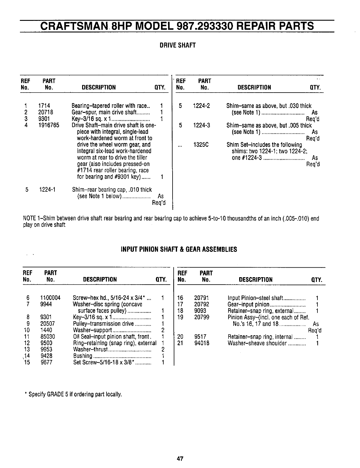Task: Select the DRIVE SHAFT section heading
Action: pyautogui.click(x=178, y=46)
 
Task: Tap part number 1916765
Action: pyautogui.click(x=49, y=125)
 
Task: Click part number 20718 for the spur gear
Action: pyautogui.click(x=46, y=113)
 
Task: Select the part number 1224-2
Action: pyautogui.click(x=201, y=106)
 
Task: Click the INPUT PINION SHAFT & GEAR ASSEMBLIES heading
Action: pyautogui.click(x=179, y=249)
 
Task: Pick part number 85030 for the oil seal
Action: pyautogui.click(x=48, y=337)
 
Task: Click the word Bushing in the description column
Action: pyautogui.click(x=82, y=356)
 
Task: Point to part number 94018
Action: pyautogui.click(x=202, y=343)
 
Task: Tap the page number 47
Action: pyautogui.click(x=179, y=459)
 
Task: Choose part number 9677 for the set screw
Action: pyautogui.click(x=46, y=363)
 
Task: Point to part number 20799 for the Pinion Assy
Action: pyautogui.click(x=202, y=317)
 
